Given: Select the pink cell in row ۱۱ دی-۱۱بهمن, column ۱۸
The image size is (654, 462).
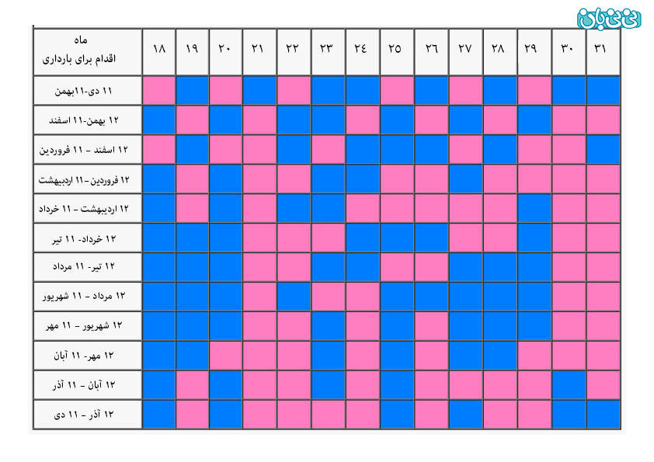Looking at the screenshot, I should click(x=159, y=91).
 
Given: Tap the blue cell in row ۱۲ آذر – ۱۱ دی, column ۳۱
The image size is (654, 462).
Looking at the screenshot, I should click(x=603, y=414).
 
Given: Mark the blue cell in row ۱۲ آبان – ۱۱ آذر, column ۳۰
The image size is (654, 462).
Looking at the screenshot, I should click(x=568, y=384).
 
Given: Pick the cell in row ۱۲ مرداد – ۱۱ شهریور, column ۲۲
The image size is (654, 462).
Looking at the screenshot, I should click(x=294, y=297).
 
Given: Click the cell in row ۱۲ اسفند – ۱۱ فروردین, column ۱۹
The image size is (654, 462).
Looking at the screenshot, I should click(x=193, y=150).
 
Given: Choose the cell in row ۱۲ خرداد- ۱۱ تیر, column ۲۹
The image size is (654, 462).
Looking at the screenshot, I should click(x=534, y=238).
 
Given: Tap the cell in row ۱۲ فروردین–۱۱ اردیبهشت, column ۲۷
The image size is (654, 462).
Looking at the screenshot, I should click(x=465, y=179).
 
